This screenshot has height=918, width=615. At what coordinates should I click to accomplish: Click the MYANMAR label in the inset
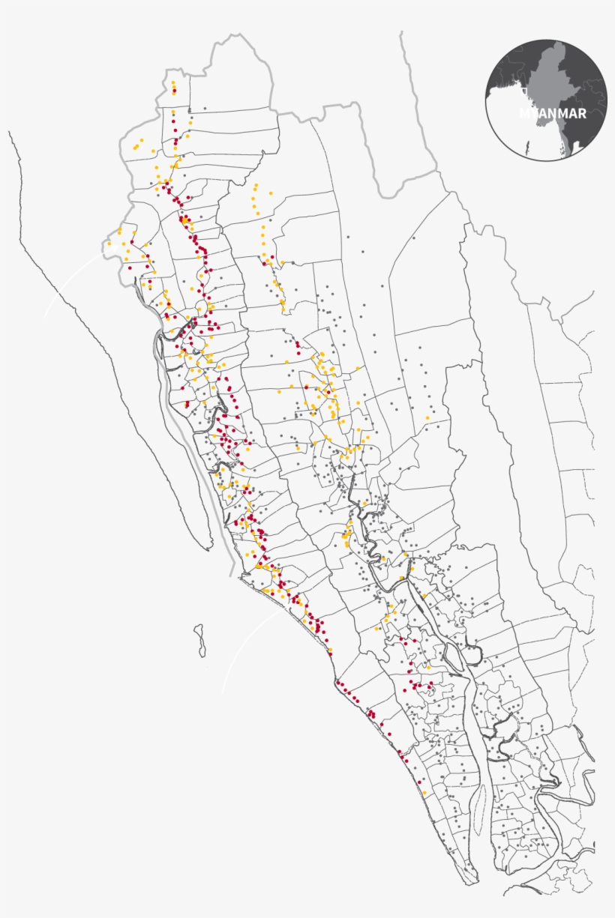click(553, 114)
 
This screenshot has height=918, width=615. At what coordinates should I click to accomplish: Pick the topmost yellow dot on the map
click(173, 82)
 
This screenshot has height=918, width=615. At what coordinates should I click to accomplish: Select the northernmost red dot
click(174, 91)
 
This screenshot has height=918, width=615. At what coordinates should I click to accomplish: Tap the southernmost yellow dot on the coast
click(424, 792)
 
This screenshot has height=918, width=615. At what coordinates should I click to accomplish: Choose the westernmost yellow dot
click(109, 244)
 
